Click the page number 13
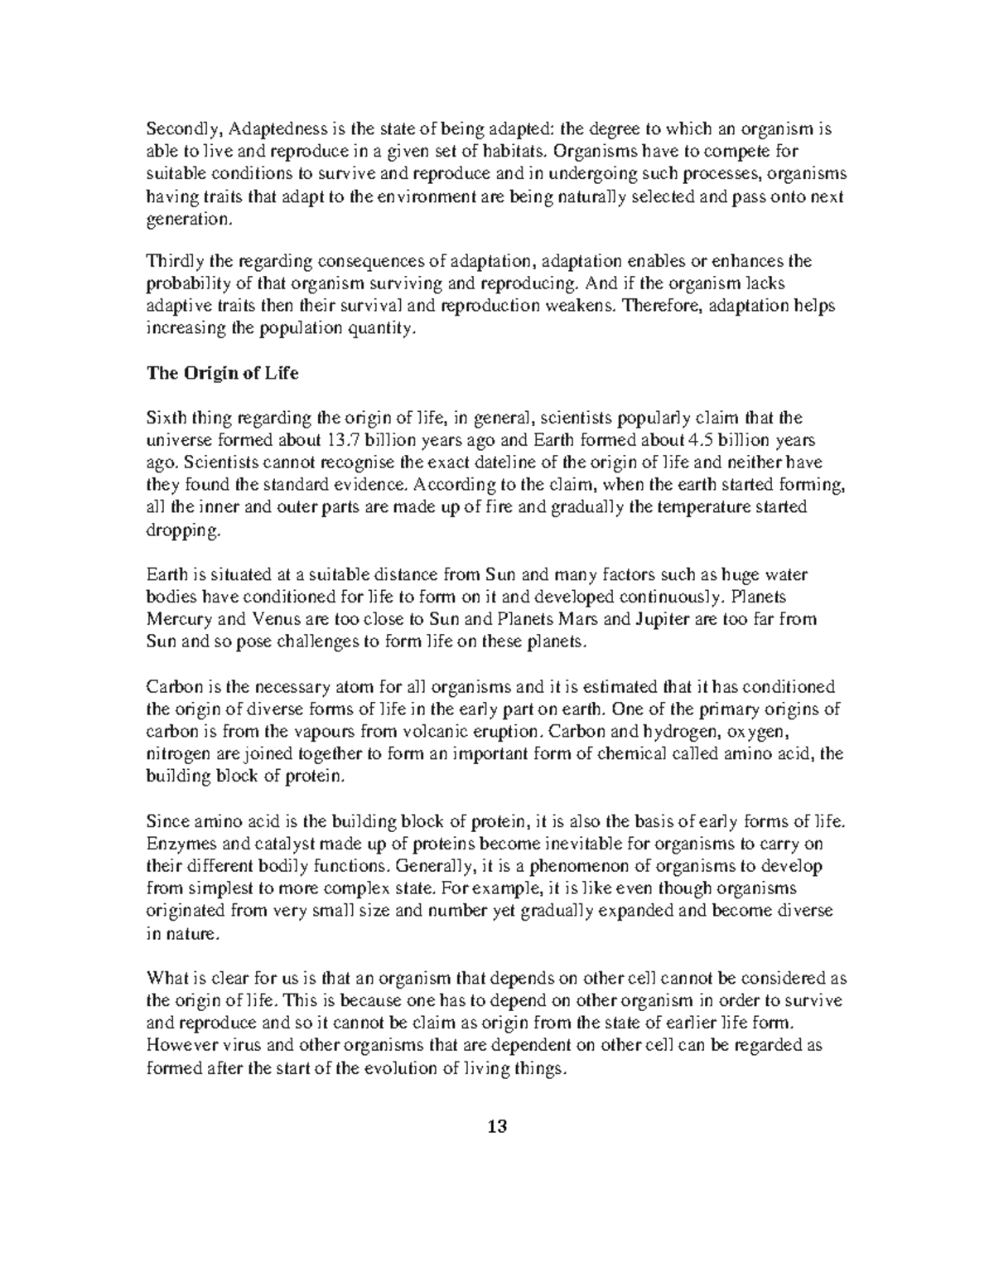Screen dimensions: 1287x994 pos(496,1126)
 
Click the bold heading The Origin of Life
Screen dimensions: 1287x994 pos(222,373)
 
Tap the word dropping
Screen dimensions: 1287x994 pos(184,530)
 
